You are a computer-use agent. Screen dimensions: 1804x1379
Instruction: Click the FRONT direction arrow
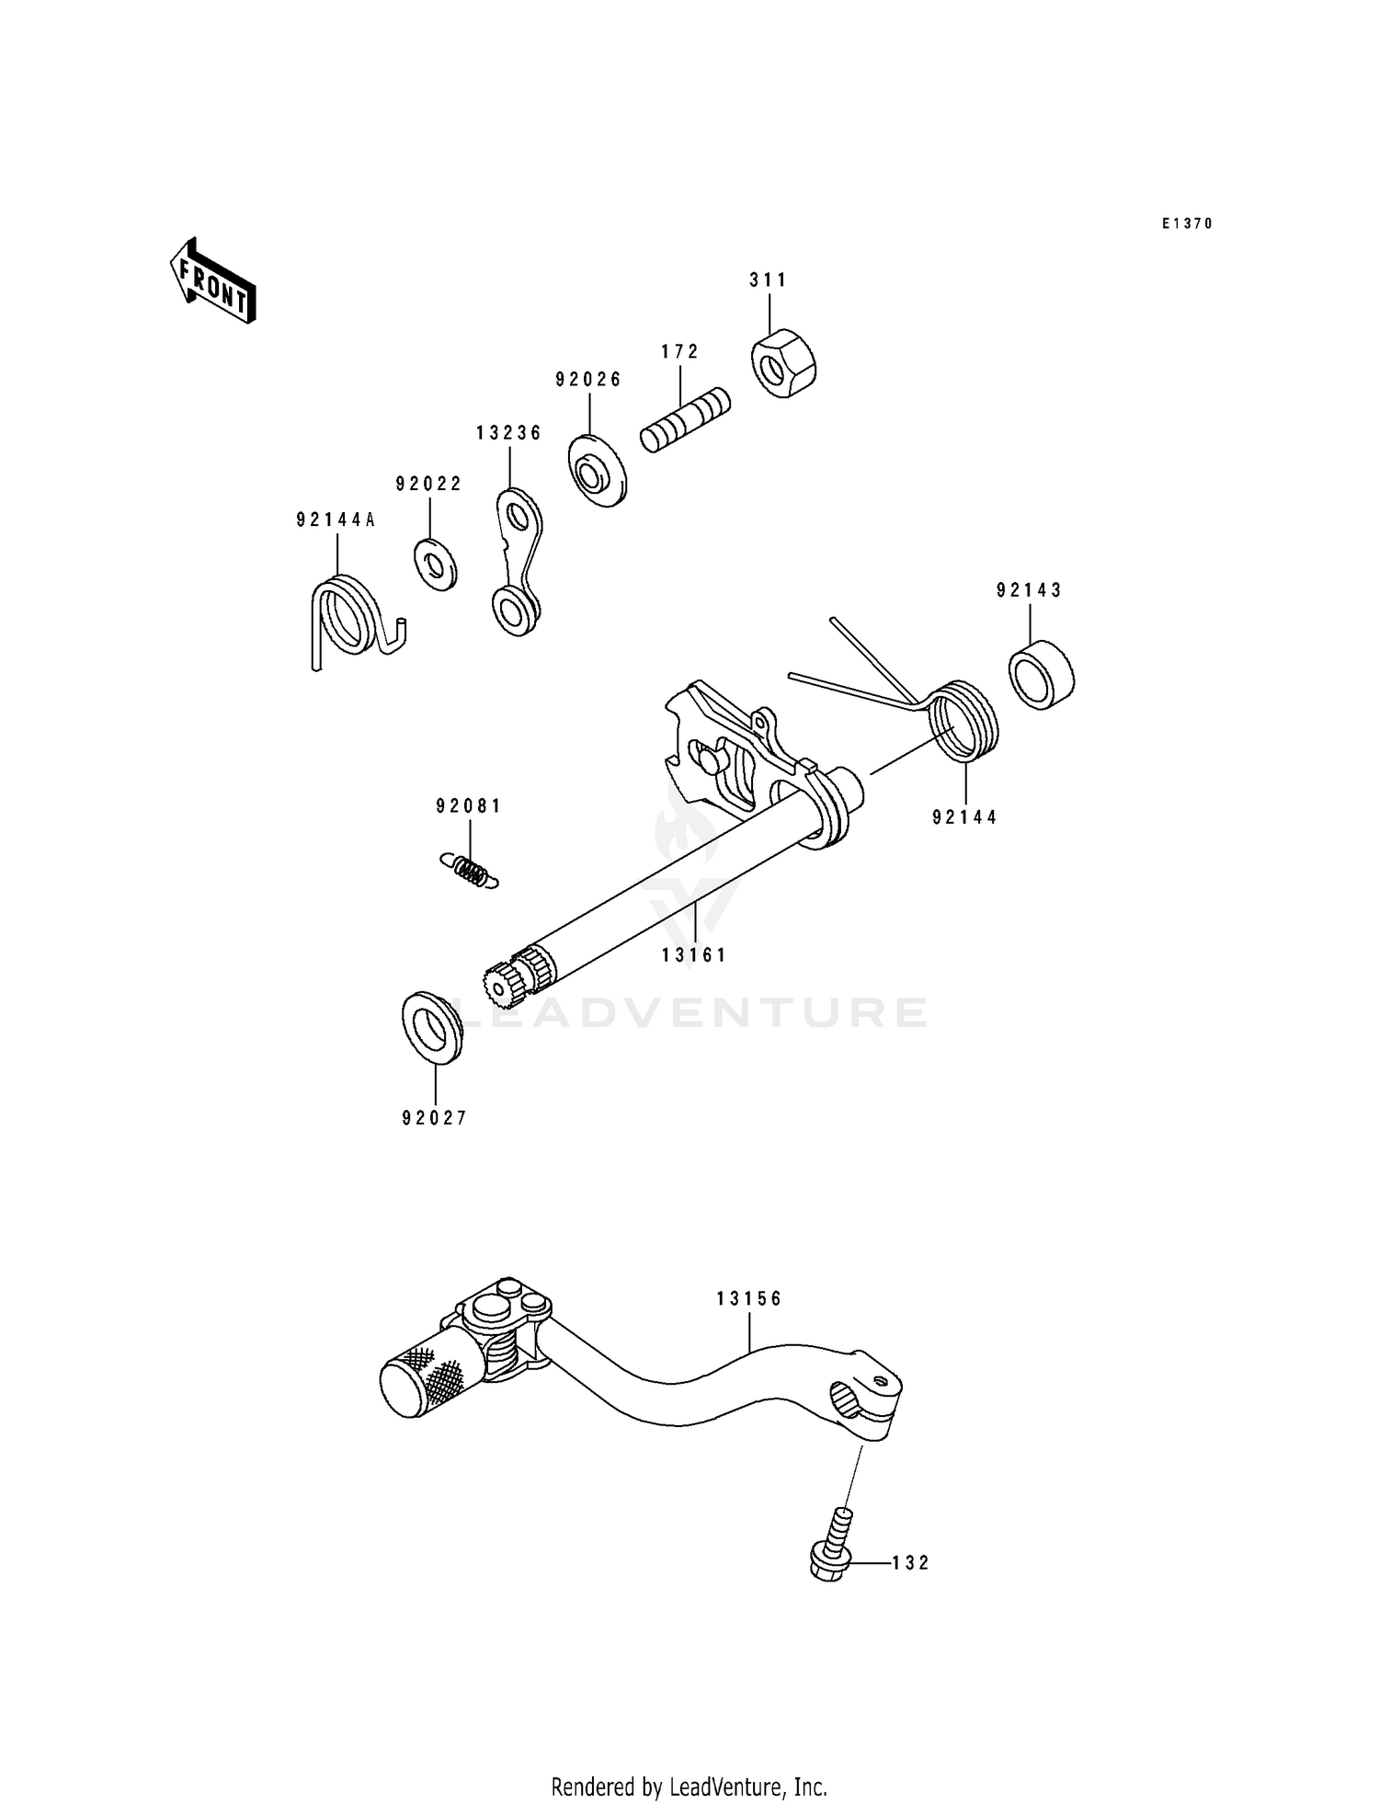[x=212, y=281]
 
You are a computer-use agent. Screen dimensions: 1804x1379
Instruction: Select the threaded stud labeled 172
[x=685, y=420]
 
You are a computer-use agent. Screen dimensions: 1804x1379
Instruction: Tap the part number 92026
[x=588, y=379]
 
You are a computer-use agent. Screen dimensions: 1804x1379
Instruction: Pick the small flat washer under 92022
[x=434, y=565]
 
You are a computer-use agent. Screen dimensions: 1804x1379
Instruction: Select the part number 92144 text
[x=964, y=817]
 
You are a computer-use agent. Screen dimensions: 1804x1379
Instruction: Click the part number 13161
[x=694, y=955]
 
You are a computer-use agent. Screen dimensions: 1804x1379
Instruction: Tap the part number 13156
[x=749, y=1299]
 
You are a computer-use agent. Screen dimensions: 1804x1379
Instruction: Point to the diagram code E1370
[x=1187, y=223]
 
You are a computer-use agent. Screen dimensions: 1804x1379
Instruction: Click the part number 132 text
[x=910, y=1563]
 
